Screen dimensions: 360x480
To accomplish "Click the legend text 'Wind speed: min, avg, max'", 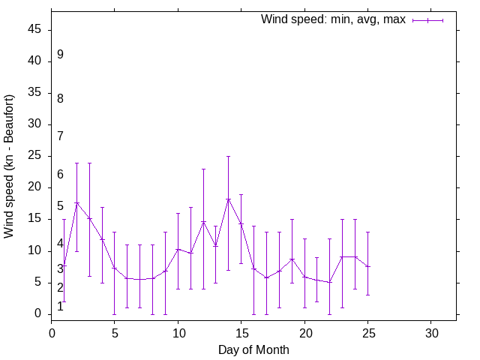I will tap(333, 19).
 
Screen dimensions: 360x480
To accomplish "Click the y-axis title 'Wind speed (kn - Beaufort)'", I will tap(9, 166).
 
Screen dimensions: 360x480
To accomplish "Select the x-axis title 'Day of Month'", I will tap(253, 349).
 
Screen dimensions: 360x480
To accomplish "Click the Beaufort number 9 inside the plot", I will tap(60, 55).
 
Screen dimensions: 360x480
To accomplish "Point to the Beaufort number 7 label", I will tap(60, 136).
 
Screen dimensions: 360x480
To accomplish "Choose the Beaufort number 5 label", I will tap(60, 206).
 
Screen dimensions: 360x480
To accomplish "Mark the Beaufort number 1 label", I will tap(60, 307).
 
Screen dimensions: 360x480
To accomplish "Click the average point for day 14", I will tap(229, 199).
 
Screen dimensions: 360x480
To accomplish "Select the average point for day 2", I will tap(76, 202).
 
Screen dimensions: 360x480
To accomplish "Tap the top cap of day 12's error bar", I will tap(203, 169).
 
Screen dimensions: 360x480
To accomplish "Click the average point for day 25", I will tap(367, 266).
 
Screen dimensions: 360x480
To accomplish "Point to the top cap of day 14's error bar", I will tap(229, 156).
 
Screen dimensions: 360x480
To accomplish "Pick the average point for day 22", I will tap(330, 282).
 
